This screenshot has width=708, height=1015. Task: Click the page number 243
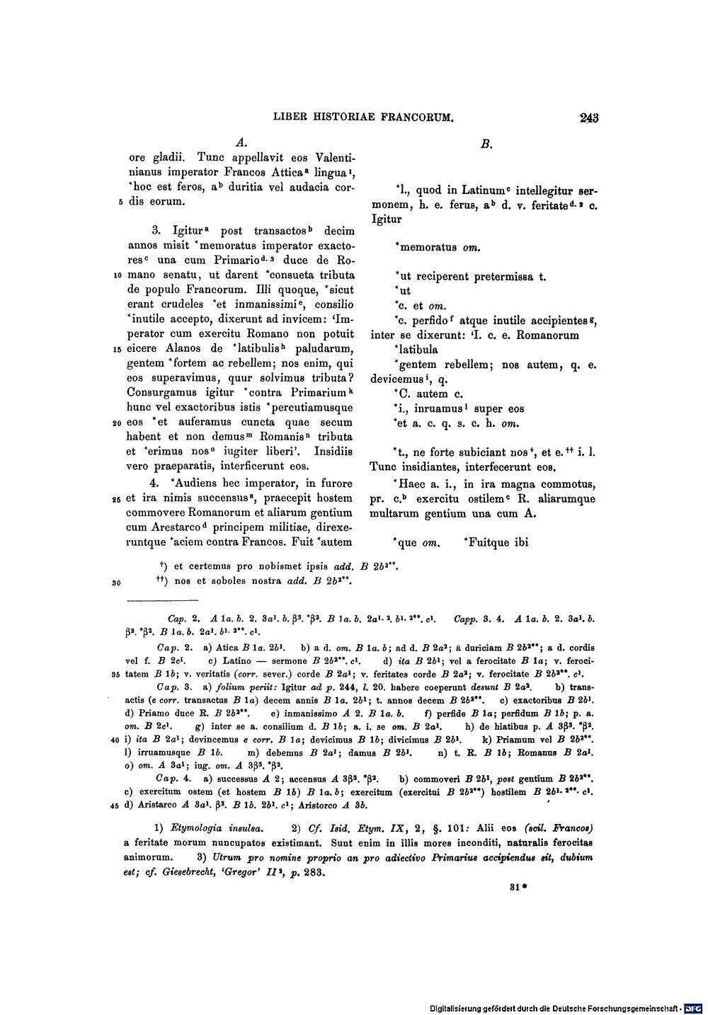click(588, 118)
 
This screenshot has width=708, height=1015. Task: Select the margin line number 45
click(115, 805)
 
